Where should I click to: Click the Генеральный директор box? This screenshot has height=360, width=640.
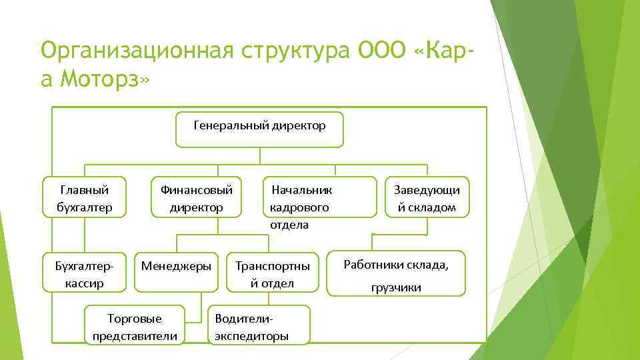pyautogui.click(x=259, y=129)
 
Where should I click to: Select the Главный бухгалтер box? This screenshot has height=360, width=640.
pyautogui.click(x=85, y=197)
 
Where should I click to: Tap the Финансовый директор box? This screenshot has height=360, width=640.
pyautogui.click(x=196, y=197)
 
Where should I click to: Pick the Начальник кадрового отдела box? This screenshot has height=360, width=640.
pyautogui.click(x=319, y=197)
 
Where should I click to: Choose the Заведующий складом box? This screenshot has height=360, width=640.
pyautogui.click(x=427, y=197)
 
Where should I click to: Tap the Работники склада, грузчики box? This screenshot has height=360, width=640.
pyautogui.click(x=396, y=273)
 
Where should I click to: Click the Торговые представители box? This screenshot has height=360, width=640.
pyautogui.click(x=135, y=325)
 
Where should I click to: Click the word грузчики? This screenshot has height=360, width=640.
pyautogui.click(x=396, y=287)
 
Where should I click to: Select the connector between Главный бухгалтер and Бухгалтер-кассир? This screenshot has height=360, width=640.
pyautogui.click(x=85, y=235)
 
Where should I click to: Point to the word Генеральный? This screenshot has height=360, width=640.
pyautogui.click(x=231, y=125)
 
